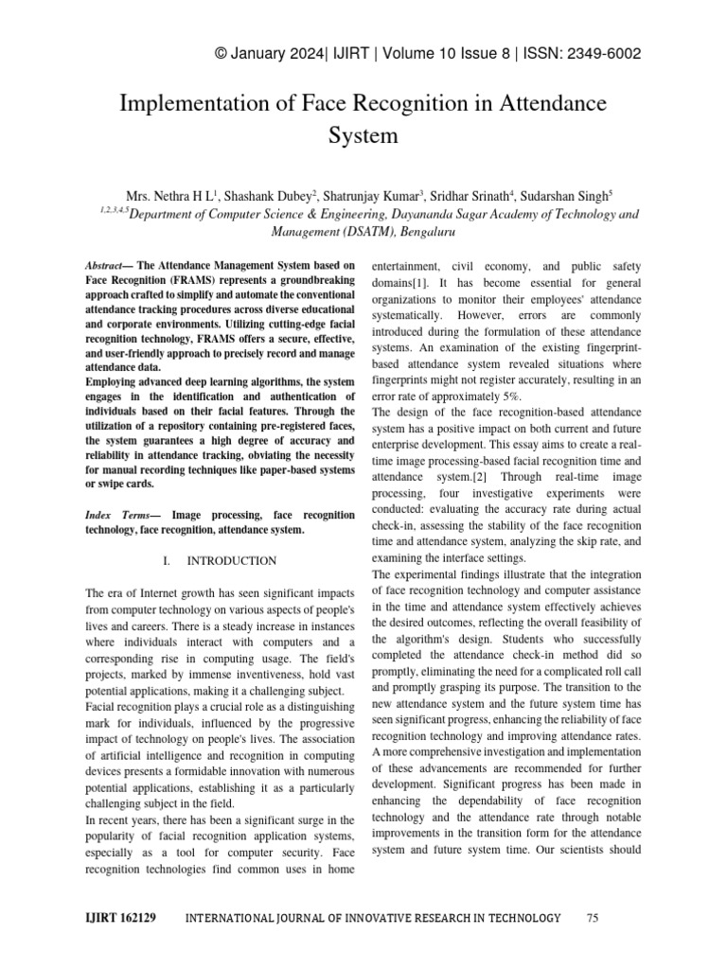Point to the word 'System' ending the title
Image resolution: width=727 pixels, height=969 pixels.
pos(363,135)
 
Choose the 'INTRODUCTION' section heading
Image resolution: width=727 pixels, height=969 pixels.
pos(231,561)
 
